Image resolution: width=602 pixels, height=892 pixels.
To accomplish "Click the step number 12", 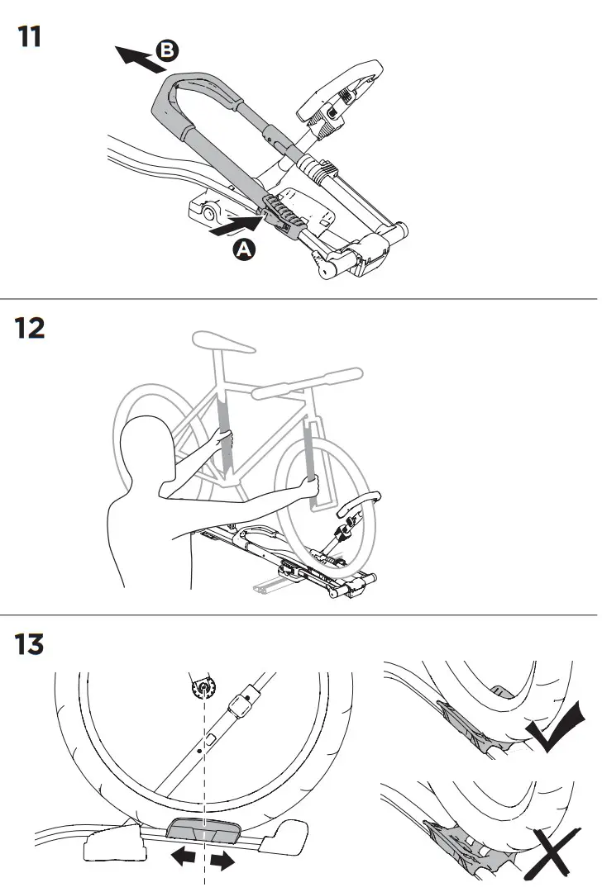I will click(31, 329).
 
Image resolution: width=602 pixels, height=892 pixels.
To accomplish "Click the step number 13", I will click(31, 644).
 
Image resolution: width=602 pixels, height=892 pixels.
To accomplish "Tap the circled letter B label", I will click(168, 51).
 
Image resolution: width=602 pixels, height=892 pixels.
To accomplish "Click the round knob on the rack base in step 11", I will click(205, 215).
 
